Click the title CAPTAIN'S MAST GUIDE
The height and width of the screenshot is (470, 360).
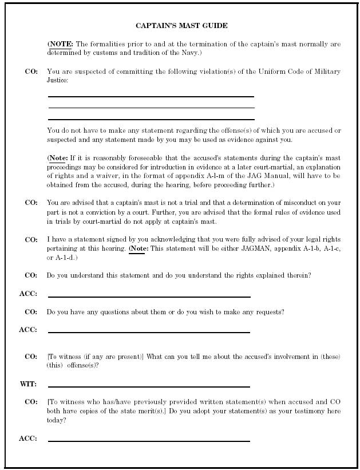(181, 26)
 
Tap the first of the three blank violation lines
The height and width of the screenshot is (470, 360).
(151, 97)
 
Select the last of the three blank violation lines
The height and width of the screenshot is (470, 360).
(151, 120)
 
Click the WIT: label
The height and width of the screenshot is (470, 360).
(28, 384)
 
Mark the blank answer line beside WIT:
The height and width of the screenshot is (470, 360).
(149, 387)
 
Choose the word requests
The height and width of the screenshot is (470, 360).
(270, 312)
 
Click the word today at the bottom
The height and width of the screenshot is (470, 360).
(57, 420)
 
